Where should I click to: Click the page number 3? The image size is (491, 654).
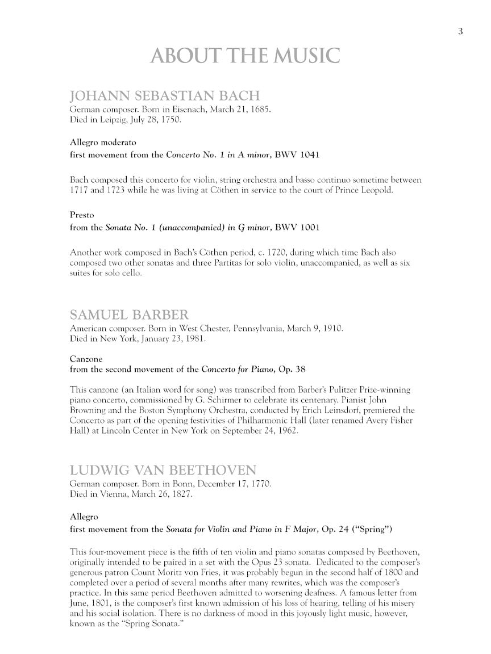click(x=460, y=32)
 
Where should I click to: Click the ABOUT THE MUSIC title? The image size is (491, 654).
click(x=245, y=56)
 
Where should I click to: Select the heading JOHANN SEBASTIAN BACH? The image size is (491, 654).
click(x=165, y=95)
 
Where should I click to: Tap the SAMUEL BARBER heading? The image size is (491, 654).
click(x=129, y=315)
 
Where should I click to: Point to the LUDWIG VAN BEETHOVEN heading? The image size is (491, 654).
click(x=163, y=471)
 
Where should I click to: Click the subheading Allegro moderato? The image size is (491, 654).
click(x=103, y=141)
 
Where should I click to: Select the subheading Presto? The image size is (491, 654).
click(x=82, y=215)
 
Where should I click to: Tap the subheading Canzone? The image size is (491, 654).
click(x=86, y=359)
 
